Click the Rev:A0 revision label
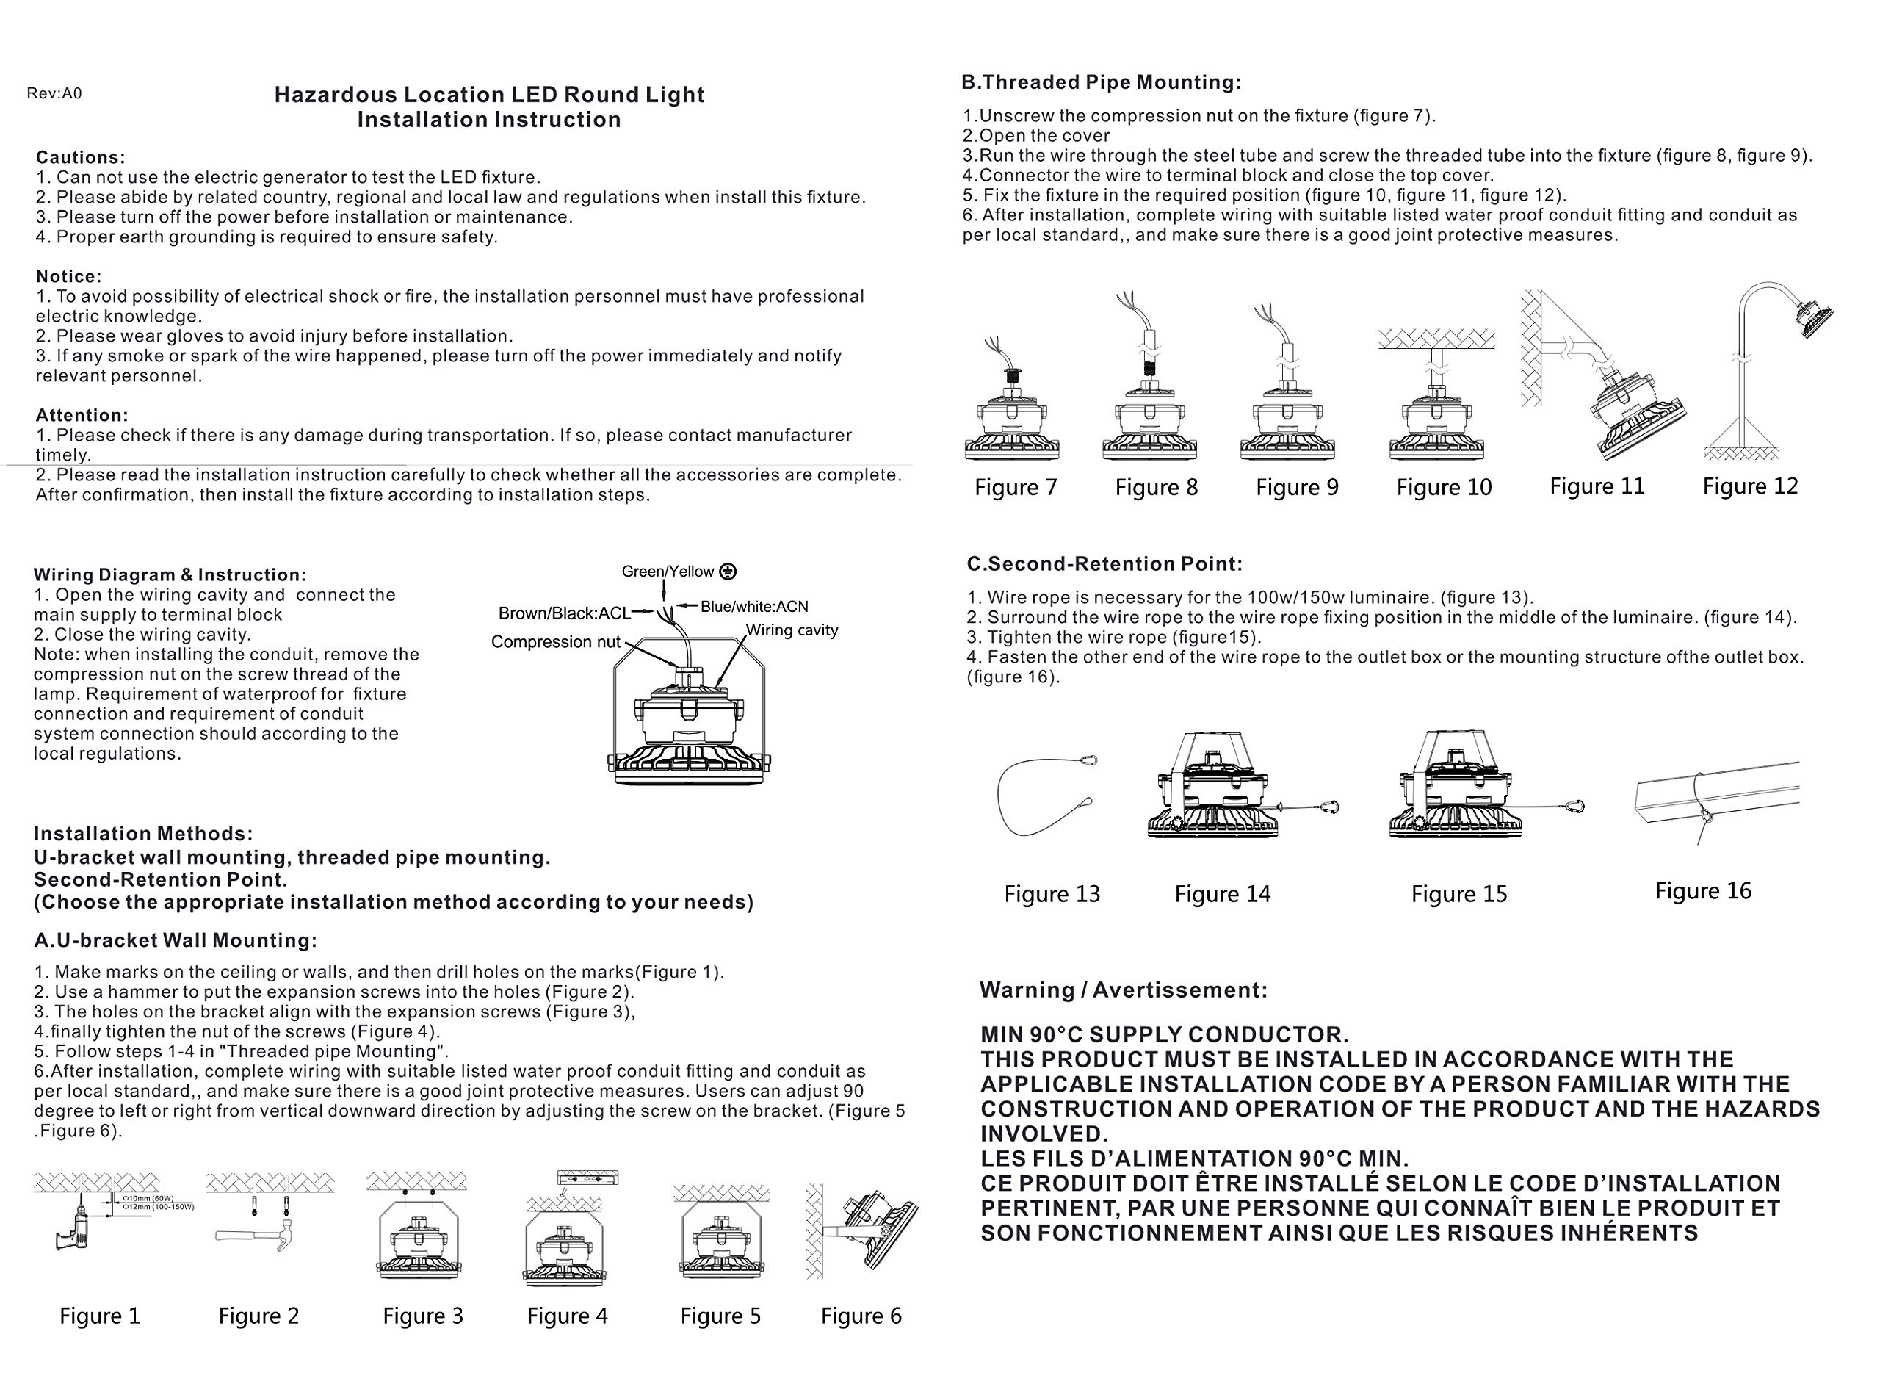click(x=54, y=94)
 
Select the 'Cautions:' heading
click(x=80, y=158)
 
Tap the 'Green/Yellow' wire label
click(x=667, y=572)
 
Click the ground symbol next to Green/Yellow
click(x=728, y=572)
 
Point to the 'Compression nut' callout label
click(x=554, y=642)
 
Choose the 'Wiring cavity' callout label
click(x=792, y=630)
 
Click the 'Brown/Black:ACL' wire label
click(x=564, y=613)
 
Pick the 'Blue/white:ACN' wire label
click(x=754, y=606)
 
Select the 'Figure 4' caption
click(x=567, y=1316)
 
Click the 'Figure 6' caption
click(x=861, y=1316)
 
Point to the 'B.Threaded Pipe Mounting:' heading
click(x=1101, y=83)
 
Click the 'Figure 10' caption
click(x=1444, y=487)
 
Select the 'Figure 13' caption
click(x=1052, y=894)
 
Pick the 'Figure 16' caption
click(x=1703, y=891)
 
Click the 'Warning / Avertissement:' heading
click(x=1123, y=990)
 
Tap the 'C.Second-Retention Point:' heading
click(x=1104, y=564)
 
